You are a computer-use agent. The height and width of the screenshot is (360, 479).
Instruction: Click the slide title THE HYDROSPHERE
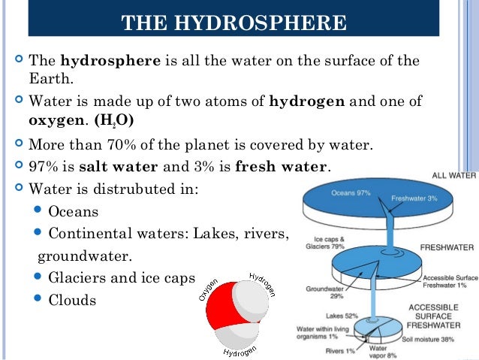(233, 23)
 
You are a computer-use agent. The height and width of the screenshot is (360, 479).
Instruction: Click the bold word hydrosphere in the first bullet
(110, 61)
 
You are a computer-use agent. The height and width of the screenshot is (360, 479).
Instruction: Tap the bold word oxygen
(55, 120)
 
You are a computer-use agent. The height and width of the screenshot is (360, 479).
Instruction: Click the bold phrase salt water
(125, 166)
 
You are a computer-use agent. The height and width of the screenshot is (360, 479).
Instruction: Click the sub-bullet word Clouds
(72, 300)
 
